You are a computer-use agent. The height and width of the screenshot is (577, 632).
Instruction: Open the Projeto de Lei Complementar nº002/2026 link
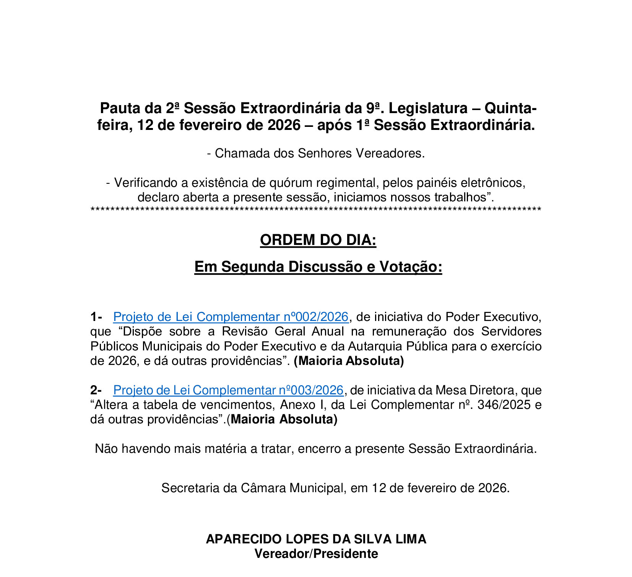(x=231, y=317)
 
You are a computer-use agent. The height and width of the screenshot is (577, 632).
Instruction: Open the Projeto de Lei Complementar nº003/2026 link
(x=228, y=390)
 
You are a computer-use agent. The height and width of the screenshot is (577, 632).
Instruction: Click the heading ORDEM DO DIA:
(x=318, y=240)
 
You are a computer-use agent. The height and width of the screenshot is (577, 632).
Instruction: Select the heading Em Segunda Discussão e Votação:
(x=318, y=267)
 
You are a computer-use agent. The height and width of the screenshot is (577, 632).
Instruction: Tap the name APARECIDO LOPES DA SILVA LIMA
(x=316, y=539)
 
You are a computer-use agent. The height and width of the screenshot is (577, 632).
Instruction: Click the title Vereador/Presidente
(x=316, y=554)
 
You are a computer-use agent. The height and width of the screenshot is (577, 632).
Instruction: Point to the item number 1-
(x=96, y=317)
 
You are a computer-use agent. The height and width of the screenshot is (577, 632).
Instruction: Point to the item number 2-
(x=96, y=390)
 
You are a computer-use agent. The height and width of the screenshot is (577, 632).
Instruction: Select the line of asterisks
(x=316, y=210)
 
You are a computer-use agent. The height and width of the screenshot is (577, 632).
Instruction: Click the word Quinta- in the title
(x=510, y=109)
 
